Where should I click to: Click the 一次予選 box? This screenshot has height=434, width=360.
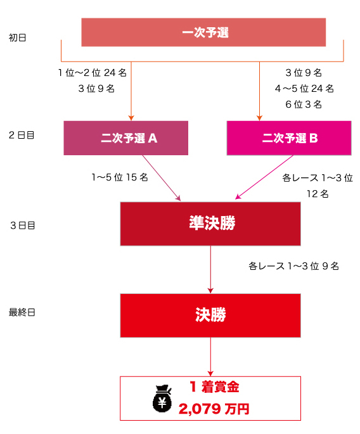(203, 32)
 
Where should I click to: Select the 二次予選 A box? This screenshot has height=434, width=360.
(126, 138)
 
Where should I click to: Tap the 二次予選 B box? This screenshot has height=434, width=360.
(289, 138)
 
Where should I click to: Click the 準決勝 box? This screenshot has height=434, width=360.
(210, 224)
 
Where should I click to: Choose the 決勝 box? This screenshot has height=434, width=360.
(210, 316)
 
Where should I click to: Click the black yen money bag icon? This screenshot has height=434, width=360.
(162, 399)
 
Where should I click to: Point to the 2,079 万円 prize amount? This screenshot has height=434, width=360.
(214, 409)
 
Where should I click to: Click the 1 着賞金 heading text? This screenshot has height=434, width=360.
(214, 386)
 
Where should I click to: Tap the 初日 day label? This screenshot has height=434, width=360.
(18, 37)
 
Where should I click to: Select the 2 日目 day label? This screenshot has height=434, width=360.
(22, 135)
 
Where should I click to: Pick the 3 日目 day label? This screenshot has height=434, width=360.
(23, 226)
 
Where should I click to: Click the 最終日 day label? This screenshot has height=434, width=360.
(22, 312)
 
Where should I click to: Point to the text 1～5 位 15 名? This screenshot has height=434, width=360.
(120, 177)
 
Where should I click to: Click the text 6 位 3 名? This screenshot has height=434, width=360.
(304, 105)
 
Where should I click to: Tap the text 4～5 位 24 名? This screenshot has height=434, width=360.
(304, 89)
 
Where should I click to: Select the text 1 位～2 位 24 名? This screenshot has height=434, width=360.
(93, 72)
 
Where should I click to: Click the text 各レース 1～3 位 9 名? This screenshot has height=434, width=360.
(294, 266)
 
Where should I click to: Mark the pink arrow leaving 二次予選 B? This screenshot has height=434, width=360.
(264, 177)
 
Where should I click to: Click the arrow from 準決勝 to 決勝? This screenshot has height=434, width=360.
(210, 270)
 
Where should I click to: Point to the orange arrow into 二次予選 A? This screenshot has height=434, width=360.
(131, 91)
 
